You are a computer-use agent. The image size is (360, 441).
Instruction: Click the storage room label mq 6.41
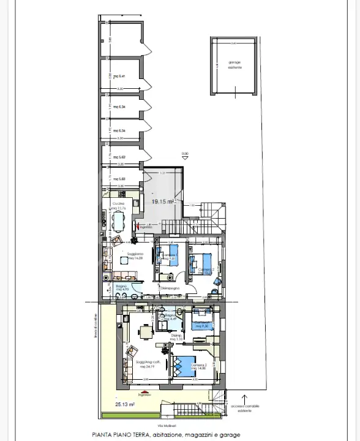pyautogui.click(x=119, y=77)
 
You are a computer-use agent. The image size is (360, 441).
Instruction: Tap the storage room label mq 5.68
pyautogui.click(x=119, y=179)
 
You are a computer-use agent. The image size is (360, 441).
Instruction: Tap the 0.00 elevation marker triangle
pyautogui.click(x=184, y=158)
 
